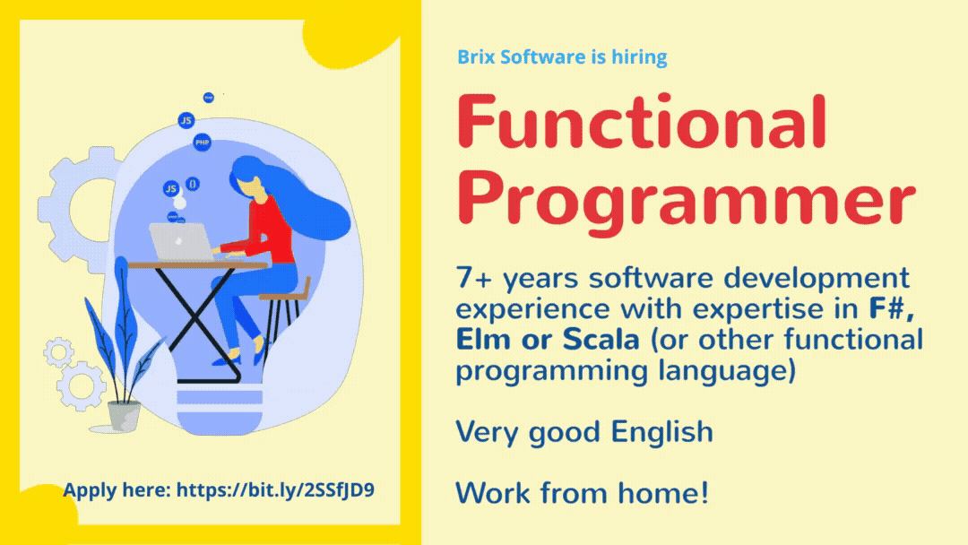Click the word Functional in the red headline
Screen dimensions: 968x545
(642, 121)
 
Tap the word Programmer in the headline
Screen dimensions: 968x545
(687, 200)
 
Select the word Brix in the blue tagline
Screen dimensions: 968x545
(476, 56)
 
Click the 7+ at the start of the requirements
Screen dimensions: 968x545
(474, 279)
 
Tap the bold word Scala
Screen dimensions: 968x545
(601, 340)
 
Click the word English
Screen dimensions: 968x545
(662, 431)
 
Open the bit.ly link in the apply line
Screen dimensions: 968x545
(275, 489)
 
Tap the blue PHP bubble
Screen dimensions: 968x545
(203, 143)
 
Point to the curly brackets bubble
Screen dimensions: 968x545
(193, 184)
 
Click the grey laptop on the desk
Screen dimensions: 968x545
(181, 242)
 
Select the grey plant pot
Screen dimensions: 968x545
(124, 416)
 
